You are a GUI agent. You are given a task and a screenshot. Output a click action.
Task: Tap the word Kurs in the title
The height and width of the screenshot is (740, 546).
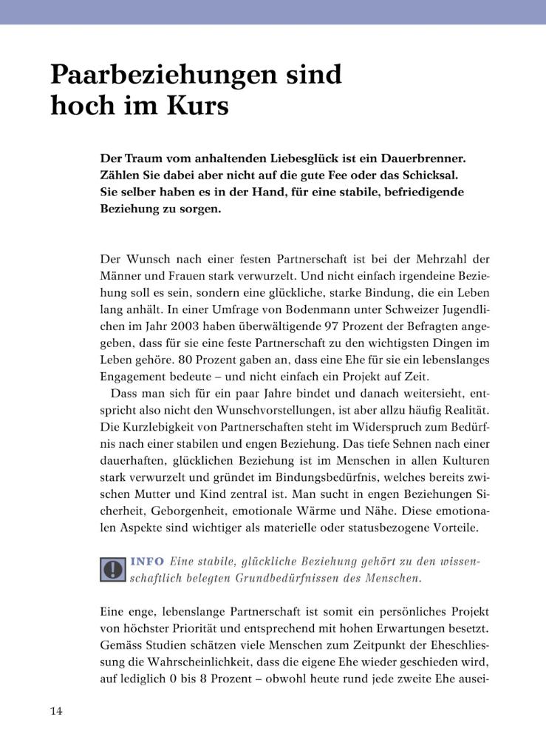pyautogui.click(x=196, y=107)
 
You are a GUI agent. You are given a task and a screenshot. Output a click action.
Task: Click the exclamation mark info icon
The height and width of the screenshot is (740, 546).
pyautogui.click(x=112, y=569)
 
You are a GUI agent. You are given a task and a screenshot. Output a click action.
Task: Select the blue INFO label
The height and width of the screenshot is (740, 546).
pyautogui.click(x=147, y=562)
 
